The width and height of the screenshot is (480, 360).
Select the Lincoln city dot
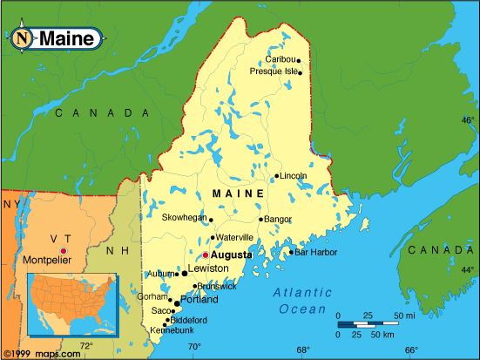276,176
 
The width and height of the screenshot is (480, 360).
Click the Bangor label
278,219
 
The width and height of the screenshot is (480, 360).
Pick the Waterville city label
234,237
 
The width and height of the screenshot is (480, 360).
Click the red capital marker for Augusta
206,255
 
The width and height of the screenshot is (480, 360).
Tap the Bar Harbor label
315,253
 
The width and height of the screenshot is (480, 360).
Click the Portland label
199,300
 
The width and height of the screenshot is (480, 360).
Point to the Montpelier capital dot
62,251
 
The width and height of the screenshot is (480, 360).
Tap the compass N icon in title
23,37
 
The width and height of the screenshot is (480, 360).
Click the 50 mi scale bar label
404,315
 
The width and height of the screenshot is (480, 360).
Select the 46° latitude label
468,120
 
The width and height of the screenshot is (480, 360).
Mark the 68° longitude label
302,350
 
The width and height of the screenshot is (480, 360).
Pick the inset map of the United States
71,304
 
